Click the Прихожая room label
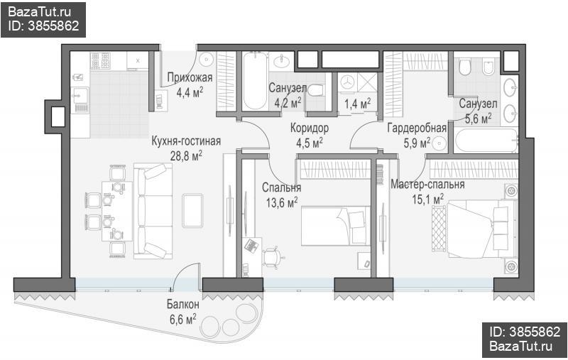[x=190, y=77]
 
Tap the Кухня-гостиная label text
[x=186, y=141]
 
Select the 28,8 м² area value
[x=186, y=156]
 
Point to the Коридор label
[x=310, y=128]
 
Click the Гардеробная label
[x=417, y=128]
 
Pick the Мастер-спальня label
[x=427, y=185]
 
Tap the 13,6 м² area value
[x=282, y=202]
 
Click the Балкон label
[x=183, y=304]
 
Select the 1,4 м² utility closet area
[x=357, y=104]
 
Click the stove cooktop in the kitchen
[x=100, y=60]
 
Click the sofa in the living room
[x=153, y=211]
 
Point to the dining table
[x=117, y=211]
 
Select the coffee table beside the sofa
[x=192, y=210]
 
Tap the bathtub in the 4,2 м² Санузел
[x=255, y=81]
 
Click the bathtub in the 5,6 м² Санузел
[x=486, y=141]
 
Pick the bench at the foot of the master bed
[x=439, y=228]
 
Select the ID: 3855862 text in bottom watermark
[x=525, y=332]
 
